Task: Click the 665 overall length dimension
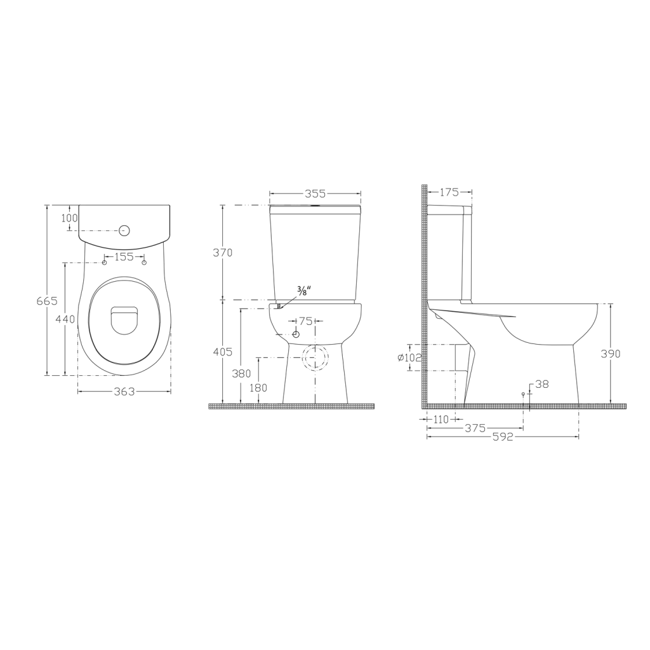tap(47, 301)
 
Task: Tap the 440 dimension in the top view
tap(65, 319)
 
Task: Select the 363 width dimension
tap(124, 391)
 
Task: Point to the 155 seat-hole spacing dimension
tap(124, 257)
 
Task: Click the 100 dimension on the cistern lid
tap(69, 218)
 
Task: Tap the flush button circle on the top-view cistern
tap(124, 230)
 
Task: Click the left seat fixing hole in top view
tap(105, 263)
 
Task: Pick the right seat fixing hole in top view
tap(144, 263)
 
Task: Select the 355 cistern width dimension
tap(315, 194)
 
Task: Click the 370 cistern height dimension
tap(223, 253)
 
